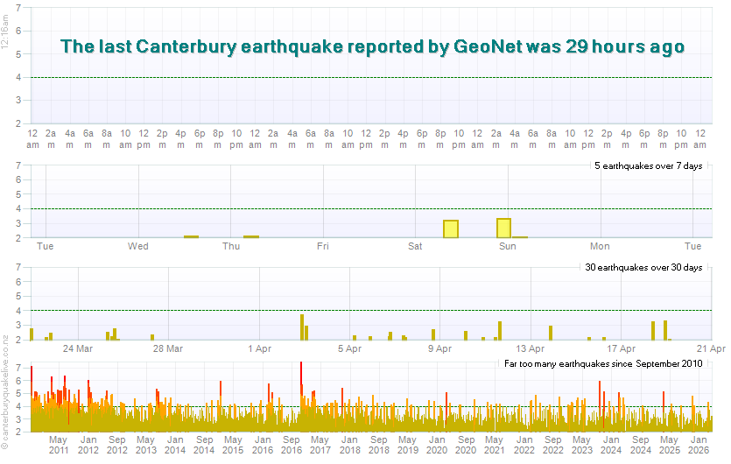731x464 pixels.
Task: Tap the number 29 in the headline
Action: [580, 47]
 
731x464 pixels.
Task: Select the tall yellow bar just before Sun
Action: [503, 228]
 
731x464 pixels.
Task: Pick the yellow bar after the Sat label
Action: [451, 228]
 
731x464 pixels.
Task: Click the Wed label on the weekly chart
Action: [138, 246]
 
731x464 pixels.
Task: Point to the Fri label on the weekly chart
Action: [323, 246]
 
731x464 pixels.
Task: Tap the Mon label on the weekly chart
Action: [600, 246]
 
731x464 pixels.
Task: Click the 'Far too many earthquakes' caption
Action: [603, 362]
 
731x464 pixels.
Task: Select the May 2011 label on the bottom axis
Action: [59, 444]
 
